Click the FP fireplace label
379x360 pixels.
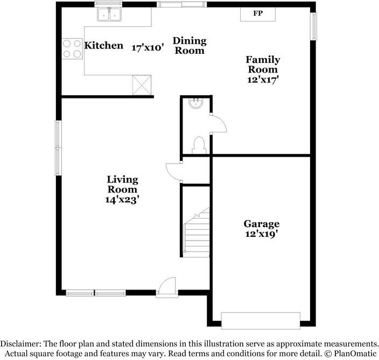pyautogui.click(x=258, y=13)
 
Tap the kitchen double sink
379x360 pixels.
pyautogui.click(x=109, y=15)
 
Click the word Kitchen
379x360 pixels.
pyautogui.click(x=104, y=46)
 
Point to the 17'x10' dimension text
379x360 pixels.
pyautogui.click(x=148, y=47)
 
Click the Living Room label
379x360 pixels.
pyautogui.click(x=122, y=185)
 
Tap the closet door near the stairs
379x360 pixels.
pyautogui.click(x=174, y=171)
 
